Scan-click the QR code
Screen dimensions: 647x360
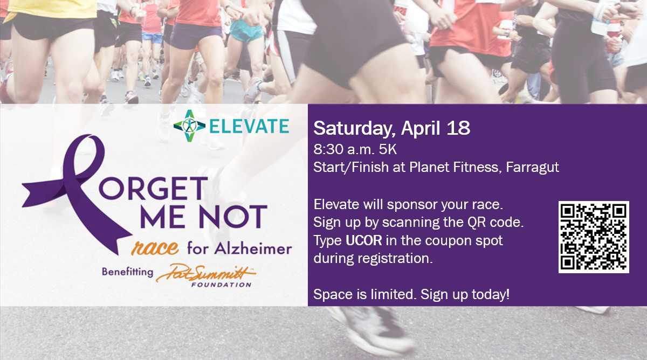(594, 237)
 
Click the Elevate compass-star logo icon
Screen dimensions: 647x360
(189, 126)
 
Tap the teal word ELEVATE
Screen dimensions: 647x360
(249, 126)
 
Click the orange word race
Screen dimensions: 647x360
(155, 248)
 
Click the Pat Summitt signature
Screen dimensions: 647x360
(205, 273)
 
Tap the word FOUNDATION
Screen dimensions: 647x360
(221, 285)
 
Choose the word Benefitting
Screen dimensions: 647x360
(127, 272)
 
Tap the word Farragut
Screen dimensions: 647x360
(532, 168)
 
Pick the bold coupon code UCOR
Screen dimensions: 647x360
(363, 240)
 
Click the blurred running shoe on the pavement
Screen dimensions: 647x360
(373, 329)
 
